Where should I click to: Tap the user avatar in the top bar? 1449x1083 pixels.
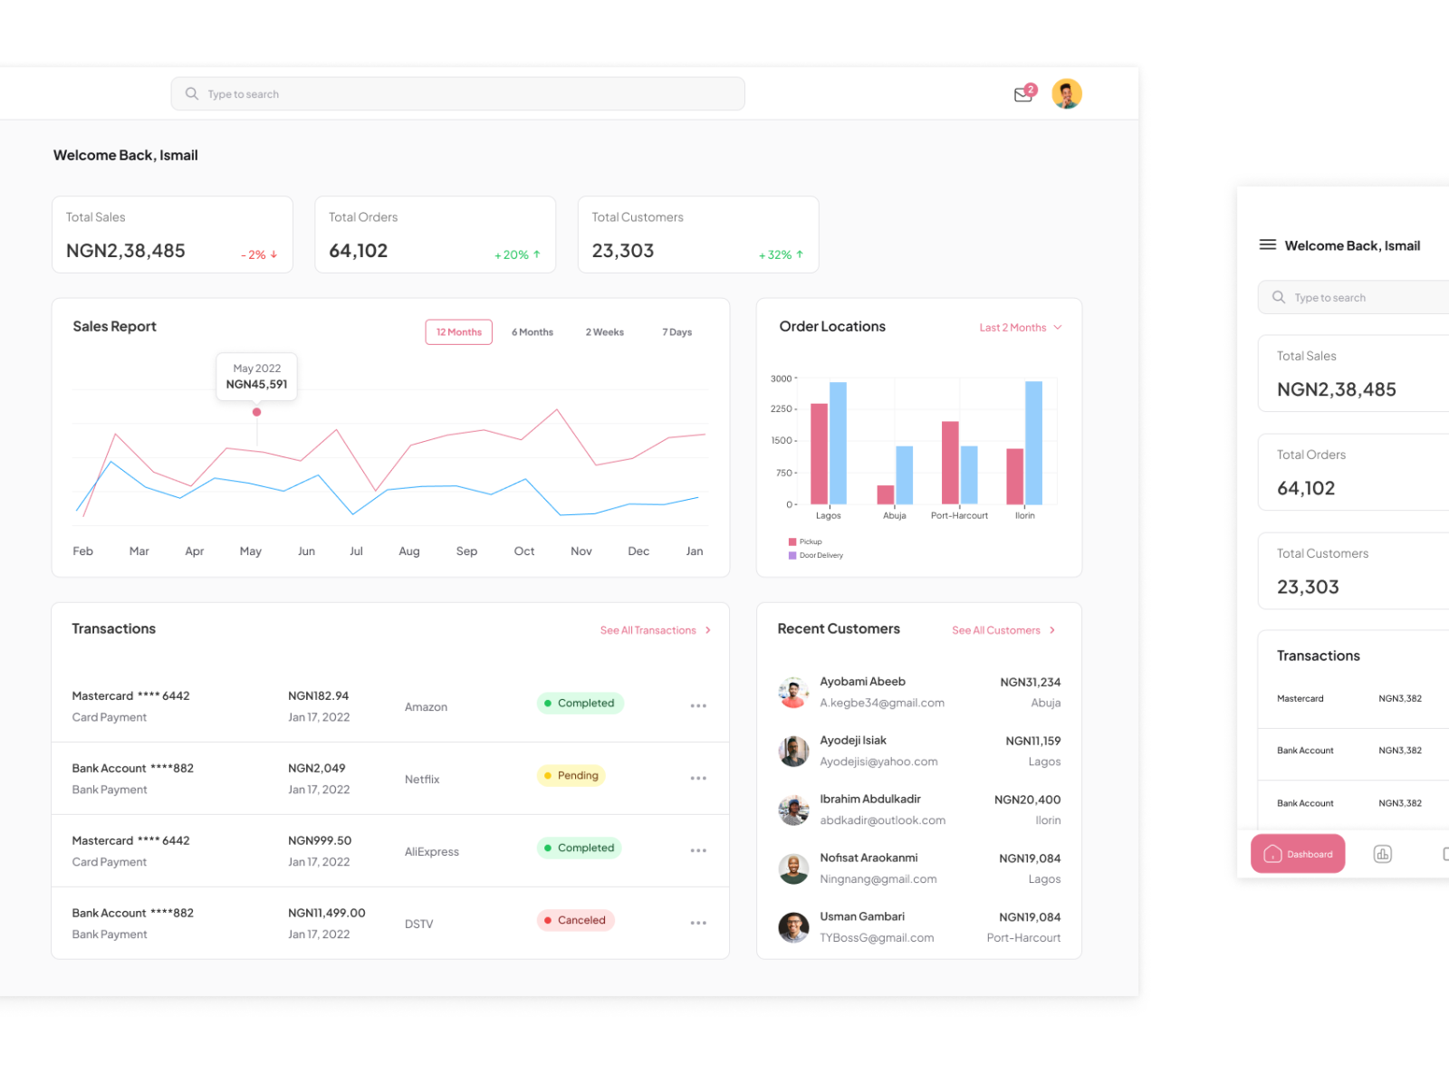1067,93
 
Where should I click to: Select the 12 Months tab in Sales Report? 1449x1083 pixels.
458,332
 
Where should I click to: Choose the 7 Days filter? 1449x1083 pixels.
677,332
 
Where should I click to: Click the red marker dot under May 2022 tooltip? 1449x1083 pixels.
257,412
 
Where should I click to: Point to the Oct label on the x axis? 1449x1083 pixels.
523,551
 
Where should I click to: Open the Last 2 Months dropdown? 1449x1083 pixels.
1020,328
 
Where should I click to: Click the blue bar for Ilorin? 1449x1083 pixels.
1033,443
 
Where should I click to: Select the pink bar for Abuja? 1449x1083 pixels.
885,494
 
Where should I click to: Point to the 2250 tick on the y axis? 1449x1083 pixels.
781,409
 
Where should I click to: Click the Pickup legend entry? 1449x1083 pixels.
805,541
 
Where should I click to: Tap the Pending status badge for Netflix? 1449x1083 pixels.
571,776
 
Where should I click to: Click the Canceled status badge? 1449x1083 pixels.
575,920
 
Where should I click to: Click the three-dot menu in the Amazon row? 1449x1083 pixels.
698,706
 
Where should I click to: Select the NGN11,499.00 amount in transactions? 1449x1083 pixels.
326,913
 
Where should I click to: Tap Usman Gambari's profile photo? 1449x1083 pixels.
793,927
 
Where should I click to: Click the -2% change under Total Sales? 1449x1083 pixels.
259,255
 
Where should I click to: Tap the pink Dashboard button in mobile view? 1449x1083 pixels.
1297,854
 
